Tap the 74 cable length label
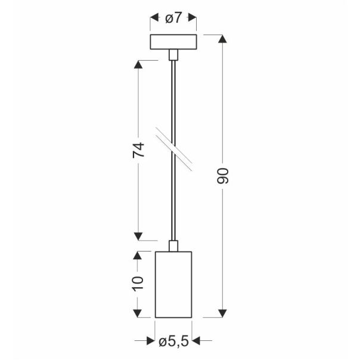(x=138, y=150)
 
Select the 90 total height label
(x=222, y=176)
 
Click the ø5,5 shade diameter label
(x=173, y=341)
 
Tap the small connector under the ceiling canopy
(x=173, y=55)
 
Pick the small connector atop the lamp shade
(x=173, y=245)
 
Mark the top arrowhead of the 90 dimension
(x=222, y=40)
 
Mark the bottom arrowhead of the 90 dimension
(x=222, y=312)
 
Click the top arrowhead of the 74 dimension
(x=138, y=65)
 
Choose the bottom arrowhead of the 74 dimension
(x=138, y=235)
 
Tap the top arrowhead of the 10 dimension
(x=138, y=256)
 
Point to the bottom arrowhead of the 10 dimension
(x=138, y=312)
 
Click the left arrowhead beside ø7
(x=153, y=18)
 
